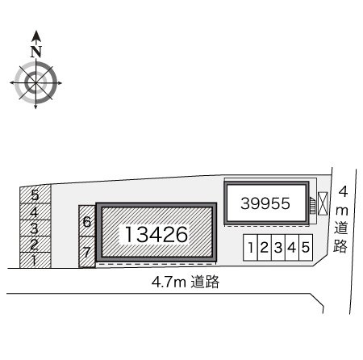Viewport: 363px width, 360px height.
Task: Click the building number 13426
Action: [156, 234]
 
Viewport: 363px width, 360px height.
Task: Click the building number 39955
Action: [265, 203]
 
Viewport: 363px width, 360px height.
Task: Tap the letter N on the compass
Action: [36, 52]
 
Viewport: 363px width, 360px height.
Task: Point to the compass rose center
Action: [35, 82]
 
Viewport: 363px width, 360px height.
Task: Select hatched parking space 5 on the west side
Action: [35, 195]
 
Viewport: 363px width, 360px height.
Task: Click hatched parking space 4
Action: [35, 211]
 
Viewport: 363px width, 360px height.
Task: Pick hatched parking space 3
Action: [35, 228]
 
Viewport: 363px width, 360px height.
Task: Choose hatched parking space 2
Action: [35, 245]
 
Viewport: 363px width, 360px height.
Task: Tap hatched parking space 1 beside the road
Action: [35, 260]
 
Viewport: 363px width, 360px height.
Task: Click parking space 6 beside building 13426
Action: [87, 221]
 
